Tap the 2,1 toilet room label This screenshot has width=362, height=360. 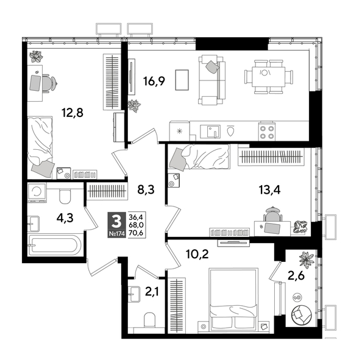pos(151,292)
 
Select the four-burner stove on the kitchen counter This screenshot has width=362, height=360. pos(266,130)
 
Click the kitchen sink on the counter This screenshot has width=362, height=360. pos(211,130)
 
